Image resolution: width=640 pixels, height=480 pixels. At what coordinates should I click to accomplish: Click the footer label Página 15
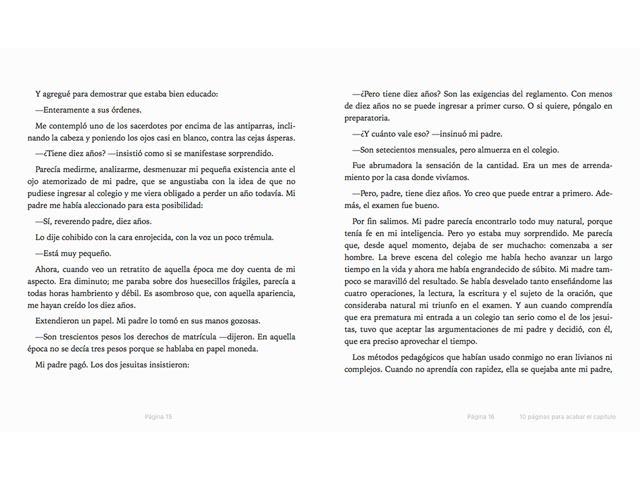(158, 417)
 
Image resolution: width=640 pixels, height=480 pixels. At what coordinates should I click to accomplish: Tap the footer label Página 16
(481, 417)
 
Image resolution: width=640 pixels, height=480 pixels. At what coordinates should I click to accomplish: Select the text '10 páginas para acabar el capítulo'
(567, 417)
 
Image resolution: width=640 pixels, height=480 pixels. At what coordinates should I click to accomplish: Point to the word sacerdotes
(144, 126)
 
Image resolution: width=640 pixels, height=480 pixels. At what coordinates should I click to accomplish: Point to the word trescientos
(85, 337)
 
